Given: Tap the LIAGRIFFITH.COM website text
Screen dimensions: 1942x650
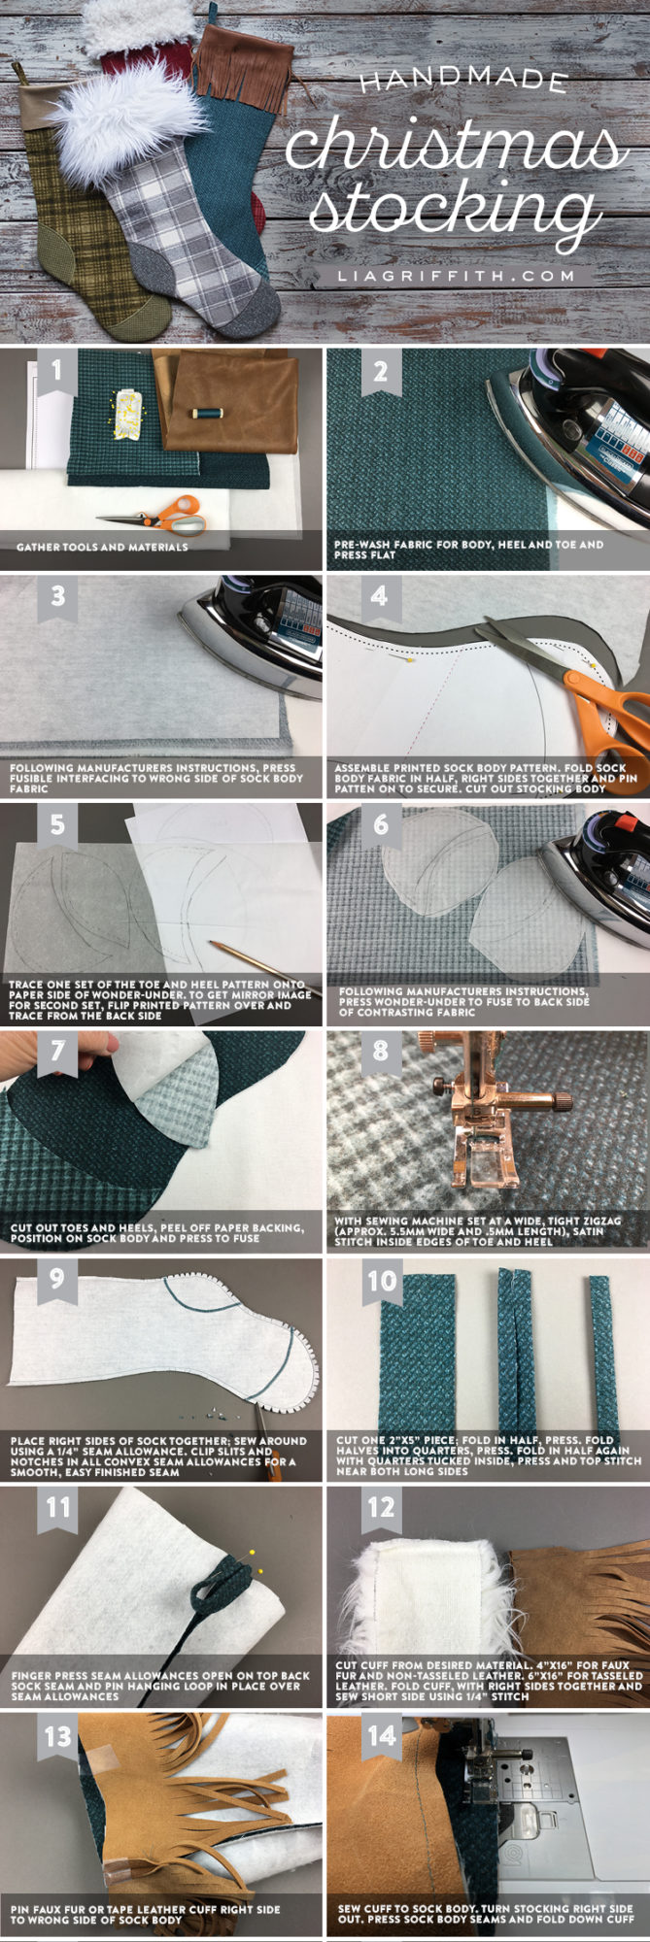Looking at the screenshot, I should pyautogui.click(x=457, y=276).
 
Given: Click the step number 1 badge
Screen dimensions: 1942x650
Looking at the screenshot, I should pyautogui.click(x=57, y=371).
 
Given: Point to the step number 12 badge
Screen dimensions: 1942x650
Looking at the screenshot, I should pyautogui.click(x=380, y=1507).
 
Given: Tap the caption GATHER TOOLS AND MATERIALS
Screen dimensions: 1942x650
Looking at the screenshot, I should pyautogui.click(x=102, y=547).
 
